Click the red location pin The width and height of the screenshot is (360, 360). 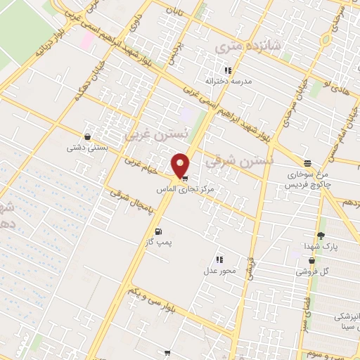coord(181,166)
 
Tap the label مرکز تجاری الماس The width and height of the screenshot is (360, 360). coord(181,190)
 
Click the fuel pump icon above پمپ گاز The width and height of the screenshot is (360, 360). coord(157,231)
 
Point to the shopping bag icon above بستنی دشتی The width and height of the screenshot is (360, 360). coord(86,136)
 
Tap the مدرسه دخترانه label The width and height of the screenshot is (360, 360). coord(227,82)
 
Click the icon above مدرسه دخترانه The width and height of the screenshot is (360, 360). coord(227,70)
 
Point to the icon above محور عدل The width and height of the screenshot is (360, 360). coord(220,259)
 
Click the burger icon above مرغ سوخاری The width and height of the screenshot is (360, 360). coord(307,162)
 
